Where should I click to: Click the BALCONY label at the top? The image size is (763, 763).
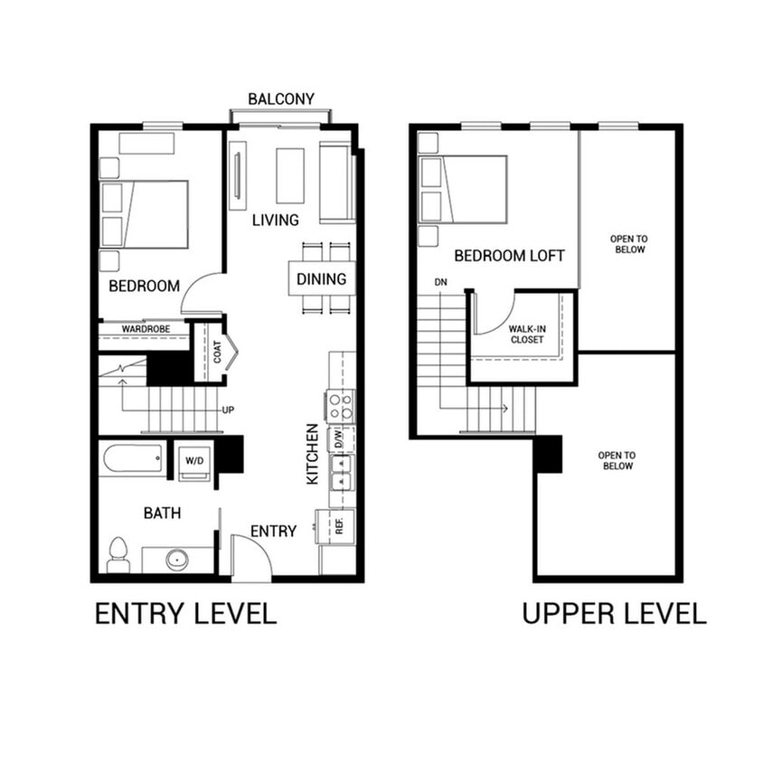pyautogui.click(x=281, y=99)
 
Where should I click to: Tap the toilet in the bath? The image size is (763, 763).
pyautogui.click(x=118, y=555)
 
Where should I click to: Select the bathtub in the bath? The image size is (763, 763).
pyautogui.click(x=133, y=458)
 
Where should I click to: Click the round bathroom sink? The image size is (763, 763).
pyautogui.click(x=177, y=560)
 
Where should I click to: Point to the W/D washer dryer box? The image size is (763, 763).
pyautogui.click(x=194, y=460)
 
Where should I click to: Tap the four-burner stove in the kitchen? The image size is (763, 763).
pyautogui.click(x=341, y=405)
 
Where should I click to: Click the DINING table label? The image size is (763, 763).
pyautogui.click(x=321, y=278)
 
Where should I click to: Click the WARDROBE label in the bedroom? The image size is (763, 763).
pyautogui.click(x=146, y=328)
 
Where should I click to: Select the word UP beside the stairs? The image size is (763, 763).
pyautogui.click(x=229, y=410)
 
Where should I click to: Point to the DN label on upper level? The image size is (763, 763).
pyautogui.click(x=440, y=283)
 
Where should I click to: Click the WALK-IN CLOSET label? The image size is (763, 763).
pyautogui.click(x=526, y=334)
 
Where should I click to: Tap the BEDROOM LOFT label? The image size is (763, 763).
pyautogui.click(x=509, y=256)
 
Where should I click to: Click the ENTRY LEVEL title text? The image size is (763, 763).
pyautogui.click(x=185, y=614)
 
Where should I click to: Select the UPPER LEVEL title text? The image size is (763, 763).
pyautogui.click(x=614, y=614)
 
